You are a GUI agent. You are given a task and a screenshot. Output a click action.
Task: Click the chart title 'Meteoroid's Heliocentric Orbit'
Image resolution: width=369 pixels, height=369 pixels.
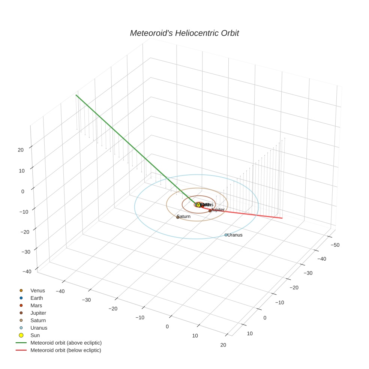[184, 33]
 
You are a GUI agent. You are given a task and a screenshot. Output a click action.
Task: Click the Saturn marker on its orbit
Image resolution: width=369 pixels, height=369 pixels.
[178, 217]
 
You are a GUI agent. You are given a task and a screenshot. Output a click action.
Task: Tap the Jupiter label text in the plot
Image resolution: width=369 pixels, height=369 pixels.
[218, 210]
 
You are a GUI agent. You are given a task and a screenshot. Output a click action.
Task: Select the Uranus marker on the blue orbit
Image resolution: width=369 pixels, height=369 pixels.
[226, 235]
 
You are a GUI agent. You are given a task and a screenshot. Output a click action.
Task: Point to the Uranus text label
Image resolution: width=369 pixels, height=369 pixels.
[235, 235]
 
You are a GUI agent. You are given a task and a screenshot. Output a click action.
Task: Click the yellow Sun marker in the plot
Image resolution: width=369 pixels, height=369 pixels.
[198, 205]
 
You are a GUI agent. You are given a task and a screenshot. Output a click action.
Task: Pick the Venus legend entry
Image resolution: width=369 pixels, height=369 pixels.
[37, 291]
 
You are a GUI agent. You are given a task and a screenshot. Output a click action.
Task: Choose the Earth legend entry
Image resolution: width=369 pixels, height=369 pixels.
[37, 298]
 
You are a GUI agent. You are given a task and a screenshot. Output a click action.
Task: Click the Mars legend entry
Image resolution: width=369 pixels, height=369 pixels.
[36, 306]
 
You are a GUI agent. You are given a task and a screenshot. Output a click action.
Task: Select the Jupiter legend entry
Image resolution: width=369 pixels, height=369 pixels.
[38, 313]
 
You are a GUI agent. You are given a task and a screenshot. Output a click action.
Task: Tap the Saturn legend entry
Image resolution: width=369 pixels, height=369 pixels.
[38, 320]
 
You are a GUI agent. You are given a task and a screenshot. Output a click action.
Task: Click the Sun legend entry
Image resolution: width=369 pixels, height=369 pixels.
[35, 335]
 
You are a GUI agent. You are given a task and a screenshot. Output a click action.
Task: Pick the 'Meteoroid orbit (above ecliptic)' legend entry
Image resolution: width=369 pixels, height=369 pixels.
[66, 343]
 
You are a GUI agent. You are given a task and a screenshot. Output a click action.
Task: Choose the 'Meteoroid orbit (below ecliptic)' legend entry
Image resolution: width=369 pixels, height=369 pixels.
[66, 350]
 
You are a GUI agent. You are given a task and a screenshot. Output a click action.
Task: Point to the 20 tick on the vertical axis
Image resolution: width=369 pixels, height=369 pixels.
[20, 150]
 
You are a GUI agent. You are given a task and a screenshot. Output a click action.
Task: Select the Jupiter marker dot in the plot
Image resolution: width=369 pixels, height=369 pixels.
[210, 211]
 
